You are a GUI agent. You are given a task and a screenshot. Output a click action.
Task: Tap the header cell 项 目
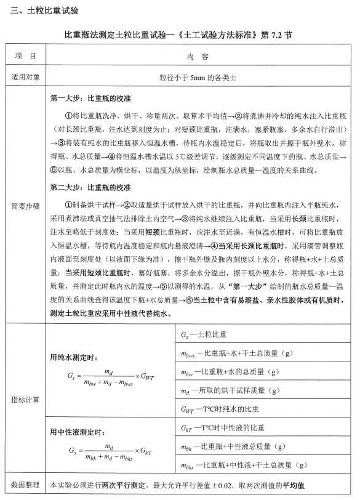pyautogui.click(x=25, y=56)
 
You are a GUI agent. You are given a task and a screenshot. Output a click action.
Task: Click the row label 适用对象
pyautogui.click(x=25, y=78)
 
